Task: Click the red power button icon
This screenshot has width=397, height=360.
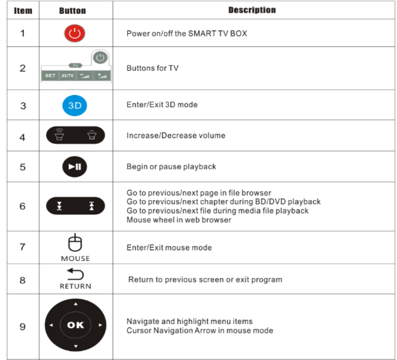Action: click(75, 33)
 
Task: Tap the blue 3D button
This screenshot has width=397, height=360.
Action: click(75, 105)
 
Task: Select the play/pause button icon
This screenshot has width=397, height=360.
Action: click(75, 167)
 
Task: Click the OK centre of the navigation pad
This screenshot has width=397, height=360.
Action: click(75, 325)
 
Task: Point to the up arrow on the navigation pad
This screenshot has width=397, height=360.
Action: click(75, 304)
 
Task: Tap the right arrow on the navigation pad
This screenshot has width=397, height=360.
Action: click(100, 325)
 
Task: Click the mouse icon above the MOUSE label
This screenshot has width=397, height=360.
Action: click(75, 243)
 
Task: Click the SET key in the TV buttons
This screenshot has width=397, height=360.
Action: click(50, 76)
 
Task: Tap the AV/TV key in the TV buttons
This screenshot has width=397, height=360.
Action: click(67, 76)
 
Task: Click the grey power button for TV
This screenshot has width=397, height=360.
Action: click(100, 57)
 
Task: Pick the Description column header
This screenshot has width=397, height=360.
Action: click(252, 10)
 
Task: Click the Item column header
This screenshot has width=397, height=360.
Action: click(23, 10)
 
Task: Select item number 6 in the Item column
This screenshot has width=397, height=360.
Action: click(23, 206)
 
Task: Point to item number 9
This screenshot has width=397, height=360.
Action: click(23, 327)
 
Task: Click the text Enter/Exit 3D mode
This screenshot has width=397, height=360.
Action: click(162, 105)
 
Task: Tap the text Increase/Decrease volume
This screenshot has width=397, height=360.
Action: click(176, 136)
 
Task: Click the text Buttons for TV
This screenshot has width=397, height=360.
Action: click(153, 68)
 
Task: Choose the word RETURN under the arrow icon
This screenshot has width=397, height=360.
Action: click(75, 286)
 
